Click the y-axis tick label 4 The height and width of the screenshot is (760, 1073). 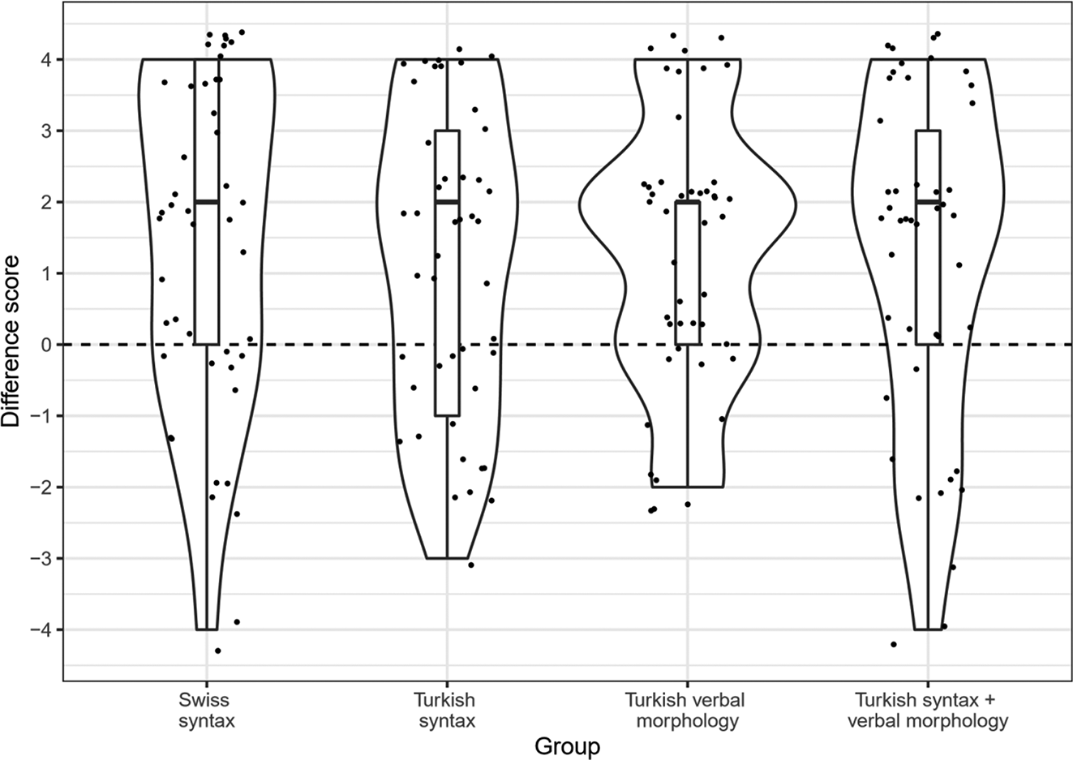pos(48,60)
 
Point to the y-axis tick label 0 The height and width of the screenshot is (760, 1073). pos(48,345)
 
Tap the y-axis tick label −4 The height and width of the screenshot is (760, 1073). pos(42,629)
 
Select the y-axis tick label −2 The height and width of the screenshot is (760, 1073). pos(42,487)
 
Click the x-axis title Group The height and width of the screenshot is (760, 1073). pos(567,745)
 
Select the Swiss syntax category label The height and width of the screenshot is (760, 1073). pos(206,710)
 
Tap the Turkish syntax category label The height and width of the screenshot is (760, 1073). pos(446,710)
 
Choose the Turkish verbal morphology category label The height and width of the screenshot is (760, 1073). pos(686,710)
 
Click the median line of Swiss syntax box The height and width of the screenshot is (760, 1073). pos(207,201)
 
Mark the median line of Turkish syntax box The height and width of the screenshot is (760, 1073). pos(447,201)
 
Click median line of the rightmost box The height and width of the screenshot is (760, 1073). pos(928,201)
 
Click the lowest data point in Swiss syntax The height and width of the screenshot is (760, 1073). pos(217,651)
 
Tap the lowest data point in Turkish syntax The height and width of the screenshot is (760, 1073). pos(470,565)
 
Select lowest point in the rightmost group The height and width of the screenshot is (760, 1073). pos(894,644)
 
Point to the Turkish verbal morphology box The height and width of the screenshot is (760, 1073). pos(688,273)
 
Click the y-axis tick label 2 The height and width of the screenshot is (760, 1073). pos(48,202)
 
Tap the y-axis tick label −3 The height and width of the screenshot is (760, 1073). pos(42,558)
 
